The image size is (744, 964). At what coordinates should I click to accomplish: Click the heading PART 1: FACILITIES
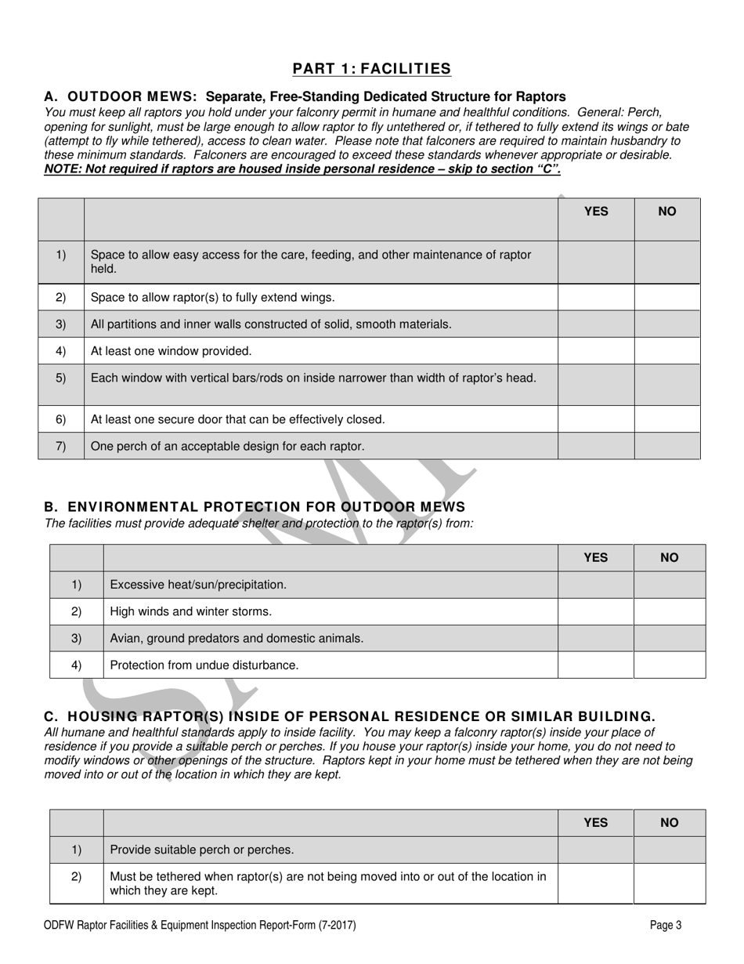point(372,69)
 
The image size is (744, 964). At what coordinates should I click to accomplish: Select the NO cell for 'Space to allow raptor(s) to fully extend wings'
point(666,297)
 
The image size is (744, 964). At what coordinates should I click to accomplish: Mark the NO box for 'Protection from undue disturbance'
point(669,665)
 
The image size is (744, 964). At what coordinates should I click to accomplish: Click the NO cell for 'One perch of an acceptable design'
point(666,446)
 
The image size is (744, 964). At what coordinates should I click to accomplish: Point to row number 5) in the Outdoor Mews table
point(61,378)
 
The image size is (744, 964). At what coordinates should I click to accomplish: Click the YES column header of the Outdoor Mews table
point(596,212)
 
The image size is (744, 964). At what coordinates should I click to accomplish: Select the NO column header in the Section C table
point(669,822)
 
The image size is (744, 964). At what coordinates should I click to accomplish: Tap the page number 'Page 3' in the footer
point(666,926)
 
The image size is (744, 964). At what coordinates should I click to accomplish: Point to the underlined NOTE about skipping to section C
point(302,169)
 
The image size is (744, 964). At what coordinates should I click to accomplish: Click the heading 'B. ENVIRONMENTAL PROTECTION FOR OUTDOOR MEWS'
point(255,507)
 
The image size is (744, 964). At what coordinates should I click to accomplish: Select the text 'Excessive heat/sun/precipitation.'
point(198,585)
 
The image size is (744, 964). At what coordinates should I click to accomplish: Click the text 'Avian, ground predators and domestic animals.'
point(237,638)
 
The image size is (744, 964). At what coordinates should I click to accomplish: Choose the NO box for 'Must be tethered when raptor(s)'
point(669,883)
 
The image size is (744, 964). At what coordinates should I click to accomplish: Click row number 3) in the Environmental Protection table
point(77,638)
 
